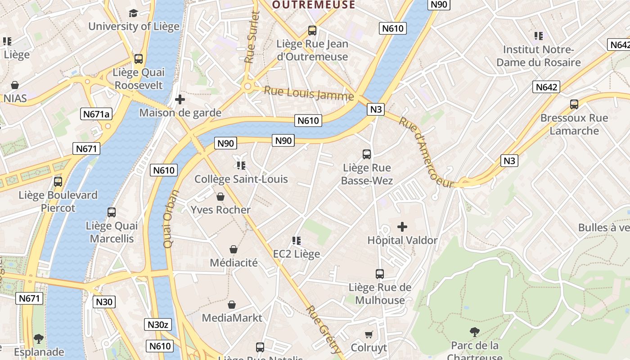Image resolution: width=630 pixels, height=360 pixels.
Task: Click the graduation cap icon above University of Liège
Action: click(133, 13)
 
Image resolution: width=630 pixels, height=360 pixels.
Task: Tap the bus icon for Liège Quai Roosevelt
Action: click(139, 59)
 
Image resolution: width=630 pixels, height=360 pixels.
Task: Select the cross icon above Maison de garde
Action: click(180, 99)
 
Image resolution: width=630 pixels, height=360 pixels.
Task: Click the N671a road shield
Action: click(96, 114)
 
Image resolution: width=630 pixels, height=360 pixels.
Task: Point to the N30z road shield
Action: click(157, 324)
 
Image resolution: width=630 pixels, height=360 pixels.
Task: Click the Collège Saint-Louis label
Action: click(241, 179)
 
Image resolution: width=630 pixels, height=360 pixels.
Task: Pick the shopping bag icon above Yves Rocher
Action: click(220, 197)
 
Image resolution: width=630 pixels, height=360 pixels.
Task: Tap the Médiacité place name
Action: click(234, 262)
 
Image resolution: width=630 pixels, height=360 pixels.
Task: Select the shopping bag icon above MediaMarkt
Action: click(232, 305)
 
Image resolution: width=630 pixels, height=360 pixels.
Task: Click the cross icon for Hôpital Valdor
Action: click(402, 227)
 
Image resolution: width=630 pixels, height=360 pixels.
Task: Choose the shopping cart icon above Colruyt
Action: click(369, 334)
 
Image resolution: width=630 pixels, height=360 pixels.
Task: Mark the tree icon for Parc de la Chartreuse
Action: click(474, 332)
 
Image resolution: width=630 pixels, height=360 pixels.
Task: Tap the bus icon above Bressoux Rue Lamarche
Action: click(574, 104)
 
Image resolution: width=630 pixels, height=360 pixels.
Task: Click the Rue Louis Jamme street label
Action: click(309, 93)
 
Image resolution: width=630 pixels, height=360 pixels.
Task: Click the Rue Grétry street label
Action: click(324, 329)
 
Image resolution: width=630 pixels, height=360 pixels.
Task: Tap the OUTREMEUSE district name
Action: click(314, 5)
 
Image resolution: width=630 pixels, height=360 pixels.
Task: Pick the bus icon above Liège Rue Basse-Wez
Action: click(367, 154)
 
